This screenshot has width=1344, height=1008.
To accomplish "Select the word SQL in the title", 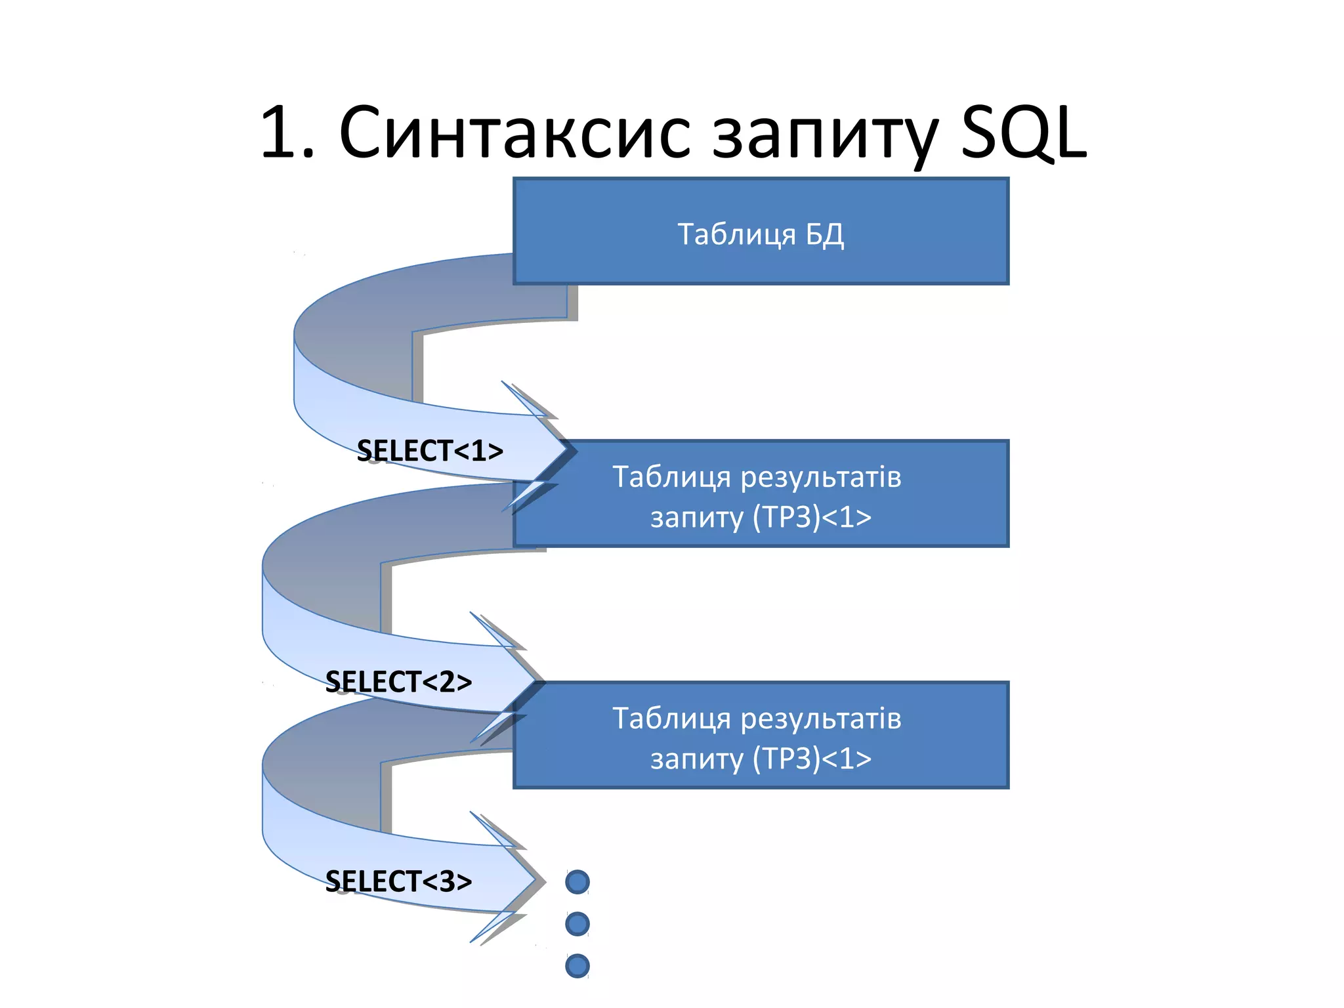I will click(x=1024, y=133).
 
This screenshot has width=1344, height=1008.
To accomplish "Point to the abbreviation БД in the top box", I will click(x=824, y=234).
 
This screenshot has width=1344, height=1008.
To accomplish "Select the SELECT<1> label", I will click(x=430, y=451).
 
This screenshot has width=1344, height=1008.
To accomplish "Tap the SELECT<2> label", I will click(x=398, y=682).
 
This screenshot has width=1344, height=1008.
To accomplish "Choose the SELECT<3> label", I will click(x=398, y=881).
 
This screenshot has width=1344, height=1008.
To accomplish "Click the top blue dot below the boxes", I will click(x=577, y=882).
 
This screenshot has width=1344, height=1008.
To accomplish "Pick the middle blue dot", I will click(x=577, y=924).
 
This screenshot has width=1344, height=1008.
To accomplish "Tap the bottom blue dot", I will click(x=577, y=966).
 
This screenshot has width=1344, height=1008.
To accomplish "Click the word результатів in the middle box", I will click(x=821, y=477).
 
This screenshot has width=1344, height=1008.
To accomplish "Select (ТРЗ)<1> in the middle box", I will click(x=812, y=517).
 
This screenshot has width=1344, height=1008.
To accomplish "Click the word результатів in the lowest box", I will click(x=821, y=719).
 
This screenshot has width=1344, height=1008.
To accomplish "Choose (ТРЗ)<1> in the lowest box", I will click(x=812, y=759).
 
